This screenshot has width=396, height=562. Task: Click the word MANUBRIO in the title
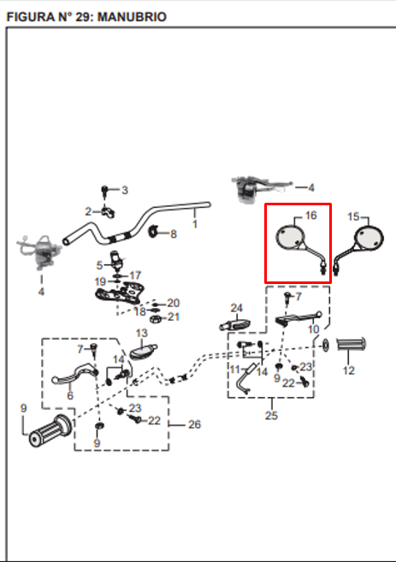point(133,17)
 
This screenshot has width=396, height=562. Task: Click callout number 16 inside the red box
point(310,215)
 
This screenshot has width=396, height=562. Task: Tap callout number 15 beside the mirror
point(353,216)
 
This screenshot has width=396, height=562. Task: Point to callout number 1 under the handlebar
point(195,224)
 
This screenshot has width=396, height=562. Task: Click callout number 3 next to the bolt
point(125,190)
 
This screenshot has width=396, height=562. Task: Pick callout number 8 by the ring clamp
point(174,234)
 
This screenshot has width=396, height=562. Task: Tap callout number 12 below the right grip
point(349,370)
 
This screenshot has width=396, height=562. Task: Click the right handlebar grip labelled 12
point(352,345)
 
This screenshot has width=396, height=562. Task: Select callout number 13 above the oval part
point(142,333)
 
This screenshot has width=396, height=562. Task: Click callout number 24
point(237,308)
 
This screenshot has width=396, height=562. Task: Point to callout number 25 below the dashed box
point(271,416)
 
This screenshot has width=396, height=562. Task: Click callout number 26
point(195,424)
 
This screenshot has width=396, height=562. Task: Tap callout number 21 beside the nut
point(174,316)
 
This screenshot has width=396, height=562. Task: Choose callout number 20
point(174,303)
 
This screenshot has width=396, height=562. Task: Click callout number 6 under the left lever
point(70,396)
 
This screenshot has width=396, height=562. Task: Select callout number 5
point(99,265)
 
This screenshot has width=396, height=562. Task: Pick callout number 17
point(135,275)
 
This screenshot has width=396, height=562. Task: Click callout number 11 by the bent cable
point(234,369)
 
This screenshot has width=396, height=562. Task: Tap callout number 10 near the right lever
point(314,329)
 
